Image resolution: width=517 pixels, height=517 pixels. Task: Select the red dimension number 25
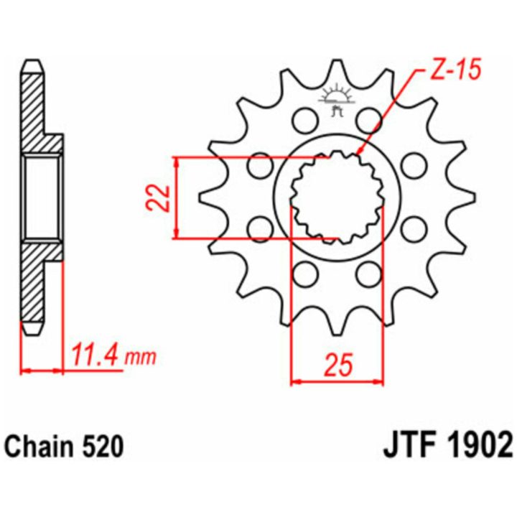[338, 365]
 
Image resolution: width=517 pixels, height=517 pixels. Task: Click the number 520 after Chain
[102, 447]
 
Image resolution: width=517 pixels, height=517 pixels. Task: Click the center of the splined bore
[337, 198]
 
